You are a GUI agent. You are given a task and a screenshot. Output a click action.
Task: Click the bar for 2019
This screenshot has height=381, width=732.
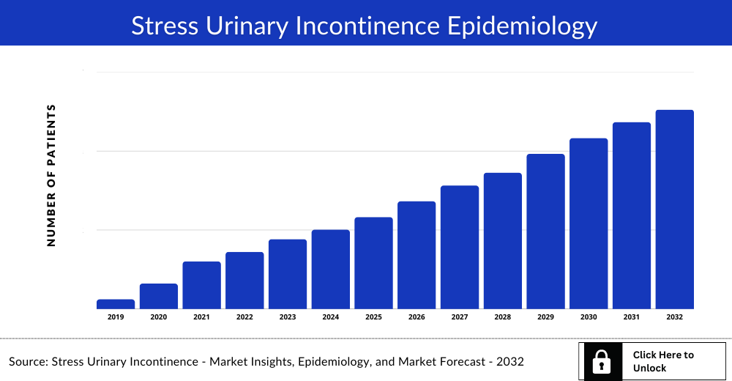pyautogui.click(x=116, y=304)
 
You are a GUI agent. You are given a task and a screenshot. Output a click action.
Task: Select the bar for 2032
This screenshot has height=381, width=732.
pyautogui.click(x=674, y=210)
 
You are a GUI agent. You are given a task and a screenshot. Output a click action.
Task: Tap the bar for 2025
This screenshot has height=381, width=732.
pyautogui.click(x=373, y=263)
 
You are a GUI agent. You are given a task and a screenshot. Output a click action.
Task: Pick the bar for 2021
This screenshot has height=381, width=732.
pyautogui.click(x=201, y=285)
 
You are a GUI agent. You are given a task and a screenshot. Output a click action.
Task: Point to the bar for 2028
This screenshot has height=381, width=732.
pyautogui.click(x=502, y=241)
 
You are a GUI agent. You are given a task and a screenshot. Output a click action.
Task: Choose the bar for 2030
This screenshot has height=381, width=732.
pyautogui.click(x=589, y=223)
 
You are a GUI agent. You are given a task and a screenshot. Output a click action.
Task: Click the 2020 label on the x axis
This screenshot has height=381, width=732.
pyautogui.click(x=159, y=317)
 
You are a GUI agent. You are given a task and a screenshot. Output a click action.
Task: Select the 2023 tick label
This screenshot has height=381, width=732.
pyautogui.click(x=288, y=317)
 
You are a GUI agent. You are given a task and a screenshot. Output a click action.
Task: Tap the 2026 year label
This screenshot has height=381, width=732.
pyautogui.click(x=417, y=317)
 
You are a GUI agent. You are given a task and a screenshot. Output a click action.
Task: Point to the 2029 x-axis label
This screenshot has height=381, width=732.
pyautogui.click(x=545, y=317)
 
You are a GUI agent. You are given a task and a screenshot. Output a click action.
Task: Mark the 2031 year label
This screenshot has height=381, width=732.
pyautogui.click(x=632, y=317)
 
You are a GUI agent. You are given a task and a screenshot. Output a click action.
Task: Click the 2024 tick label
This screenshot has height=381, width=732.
pyautogui.click(x=330, y=317)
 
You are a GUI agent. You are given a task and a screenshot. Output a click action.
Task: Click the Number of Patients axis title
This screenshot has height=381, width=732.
pyautogui.click(x=51, y=175)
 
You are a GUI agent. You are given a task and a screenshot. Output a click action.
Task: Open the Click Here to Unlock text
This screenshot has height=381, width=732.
pyautogui.click(x=662, y=361)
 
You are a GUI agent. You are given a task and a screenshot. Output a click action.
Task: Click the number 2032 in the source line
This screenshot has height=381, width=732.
pyautogui.click(x=510, y=362)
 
